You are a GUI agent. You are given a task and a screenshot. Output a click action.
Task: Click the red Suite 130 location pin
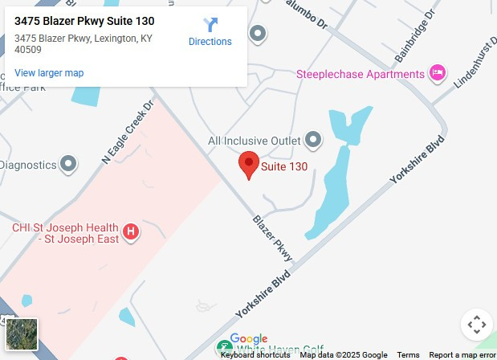(x=249, y=164)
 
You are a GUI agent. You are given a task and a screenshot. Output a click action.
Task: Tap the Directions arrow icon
(x=210, y=26)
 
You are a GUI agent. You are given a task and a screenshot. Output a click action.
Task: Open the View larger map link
(x=49, y=73)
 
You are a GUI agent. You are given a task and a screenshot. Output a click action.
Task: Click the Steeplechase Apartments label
(x=361, y=75)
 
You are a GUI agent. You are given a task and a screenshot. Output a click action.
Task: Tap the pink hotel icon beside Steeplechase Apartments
(x=438, y=74)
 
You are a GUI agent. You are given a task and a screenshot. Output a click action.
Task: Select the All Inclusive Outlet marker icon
(x=313, y=141)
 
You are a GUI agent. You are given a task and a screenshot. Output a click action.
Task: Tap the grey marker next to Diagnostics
(x=69, y=164)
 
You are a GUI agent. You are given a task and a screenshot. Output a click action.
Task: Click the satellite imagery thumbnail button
(x=22, y=334)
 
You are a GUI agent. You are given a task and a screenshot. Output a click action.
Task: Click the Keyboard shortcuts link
(x=255, y=355)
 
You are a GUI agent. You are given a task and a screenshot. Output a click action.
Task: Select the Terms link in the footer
(x=408, y=355)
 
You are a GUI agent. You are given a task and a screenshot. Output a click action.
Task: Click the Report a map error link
(x=462, y=355)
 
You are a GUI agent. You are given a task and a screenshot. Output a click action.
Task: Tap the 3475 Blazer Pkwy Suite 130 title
(x=84, y=21)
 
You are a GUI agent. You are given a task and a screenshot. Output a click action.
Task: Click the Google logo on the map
(x=248, y=339)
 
